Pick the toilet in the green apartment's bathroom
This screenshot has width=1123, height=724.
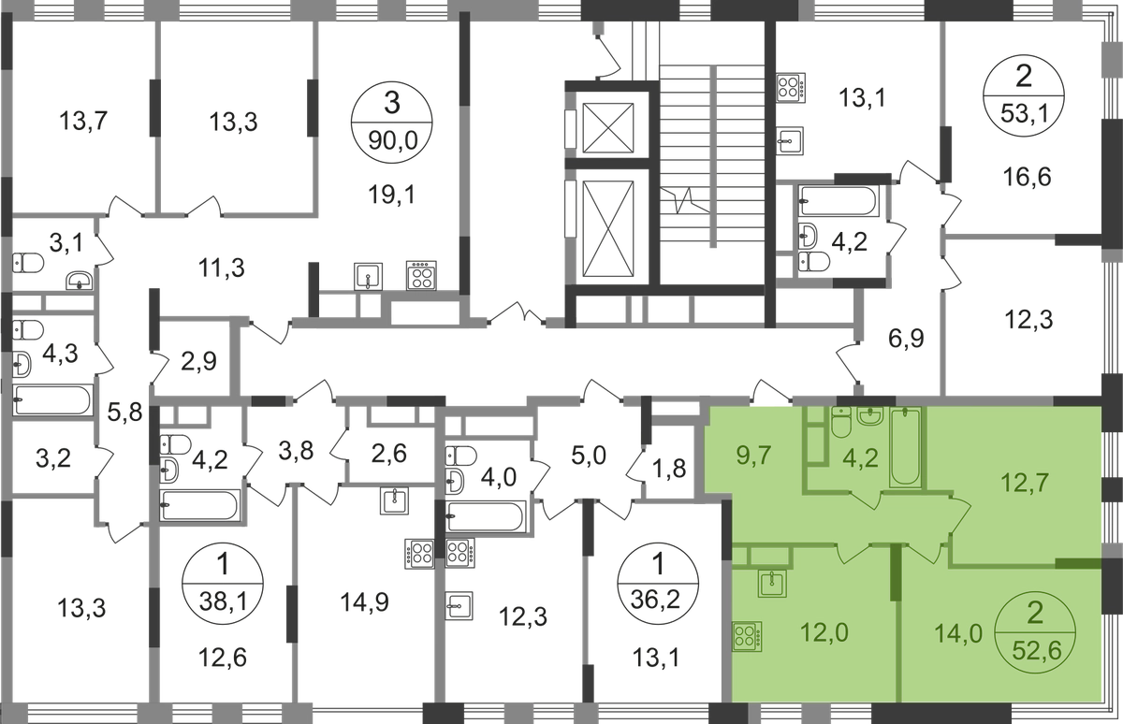pos(841,428)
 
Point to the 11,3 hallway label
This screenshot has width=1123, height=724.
pos(223,268)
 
